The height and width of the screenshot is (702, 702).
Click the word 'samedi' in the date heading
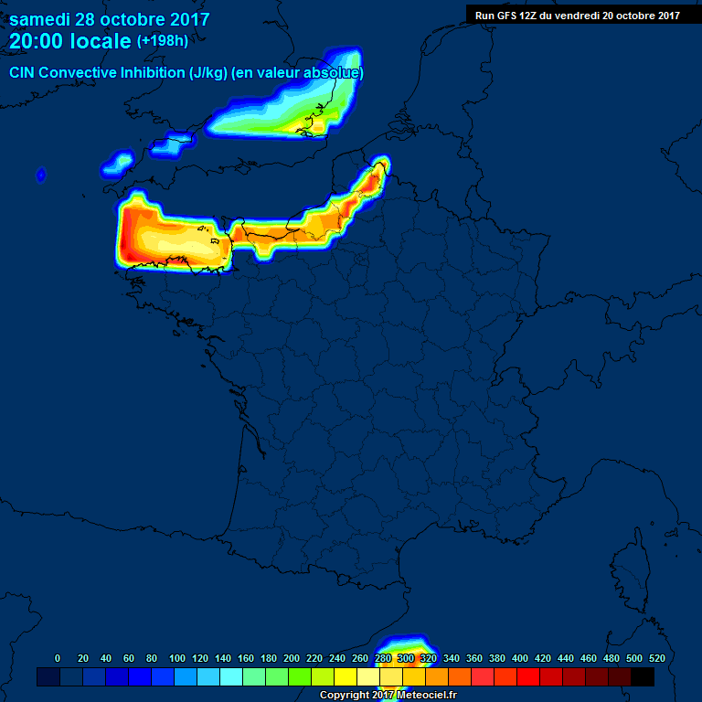pyautogui.click(x=39, y=19)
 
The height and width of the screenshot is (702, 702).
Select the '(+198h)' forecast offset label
pyautogui.click(x=162, y=41)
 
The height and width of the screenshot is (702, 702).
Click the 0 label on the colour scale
pyautogui.click(x=58, y=658)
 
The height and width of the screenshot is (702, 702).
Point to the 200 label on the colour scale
pyautogui.click(x=292, y=658)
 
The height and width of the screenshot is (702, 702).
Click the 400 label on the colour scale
pyautogui.click(x=520, y=658)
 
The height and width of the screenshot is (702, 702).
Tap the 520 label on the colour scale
pyautogui.click(x=656, y=658)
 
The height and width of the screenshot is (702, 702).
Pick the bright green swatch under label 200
pyautogui.click(x=300, y=676)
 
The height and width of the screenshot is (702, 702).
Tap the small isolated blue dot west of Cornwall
pyautogui.click(x=41, y=175)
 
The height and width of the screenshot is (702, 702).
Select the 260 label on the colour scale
pyautogui.click(x=360, y=658)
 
